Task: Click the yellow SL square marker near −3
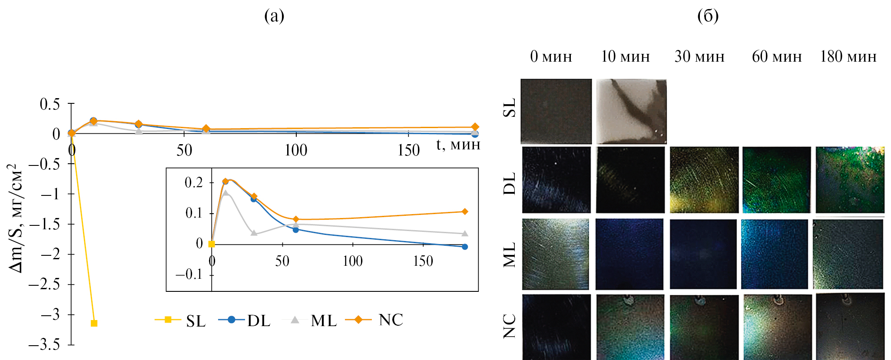coord(94,323)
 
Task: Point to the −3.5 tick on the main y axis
coord(44,345)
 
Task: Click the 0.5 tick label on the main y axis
coord(50,104)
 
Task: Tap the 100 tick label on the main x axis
coord(296,151)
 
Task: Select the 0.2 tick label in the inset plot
coord(194,182)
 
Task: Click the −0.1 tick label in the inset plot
coord(189,274)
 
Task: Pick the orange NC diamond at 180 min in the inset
coord(464,211)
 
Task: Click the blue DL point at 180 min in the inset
coord(465,247)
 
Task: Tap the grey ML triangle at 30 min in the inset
coord(254,233)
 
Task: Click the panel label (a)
coord(274,16)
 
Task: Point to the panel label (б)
coord(708,16)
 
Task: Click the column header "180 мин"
coord(848,57)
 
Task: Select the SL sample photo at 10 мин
coord(631,111)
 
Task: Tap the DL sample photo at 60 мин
coord(776,180)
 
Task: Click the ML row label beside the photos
coord(510,254)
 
